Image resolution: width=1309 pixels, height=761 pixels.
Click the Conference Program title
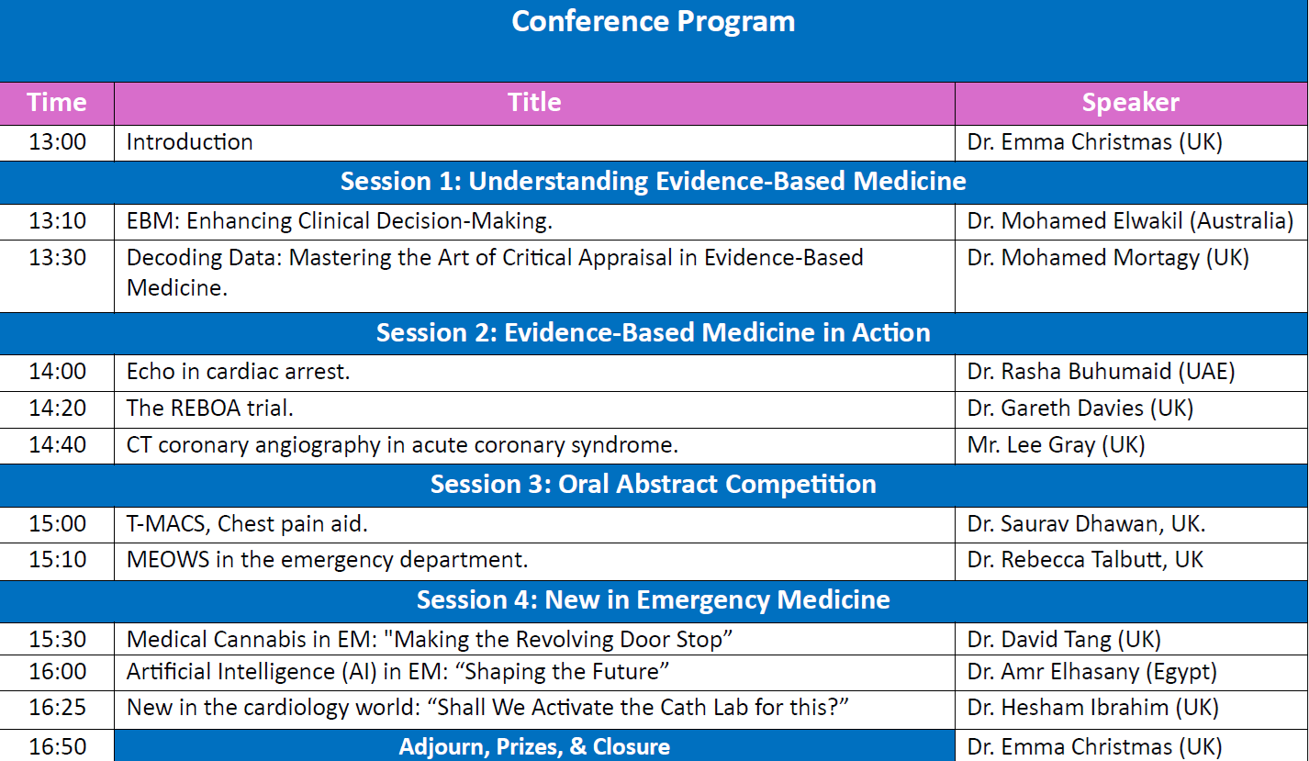click(x=654, y=22)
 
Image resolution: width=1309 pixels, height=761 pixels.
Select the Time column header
click(x=57, y=102)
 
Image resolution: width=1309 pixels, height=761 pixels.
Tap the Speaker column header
click(x=1131, y=102)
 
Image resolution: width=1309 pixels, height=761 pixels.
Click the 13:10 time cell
click(x=57, y=221)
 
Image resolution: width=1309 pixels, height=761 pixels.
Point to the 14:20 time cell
click(x=57, y=408)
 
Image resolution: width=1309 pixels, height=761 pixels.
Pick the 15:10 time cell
click(x=57, y=559)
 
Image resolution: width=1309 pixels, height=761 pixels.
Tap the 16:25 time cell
click(x=57, y=707)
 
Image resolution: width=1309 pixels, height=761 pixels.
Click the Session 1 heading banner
click(x=654, y=181)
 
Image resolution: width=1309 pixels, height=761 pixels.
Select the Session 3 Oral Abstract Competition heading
click(x=654, y=485)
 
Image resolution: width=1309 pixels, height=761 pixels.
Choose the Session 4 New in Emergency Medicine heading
click(x=654, y=600)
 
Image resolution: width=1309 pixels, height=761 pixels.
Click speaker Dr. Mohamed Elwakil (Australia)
click(x=1130, y=221)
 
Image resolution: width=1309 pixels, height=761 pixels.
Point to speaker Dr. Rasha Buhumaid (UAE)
click(x=1101, y=372)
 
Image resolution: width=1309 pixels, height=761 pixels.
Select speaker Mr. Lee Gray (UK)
click(x=1056, y=445)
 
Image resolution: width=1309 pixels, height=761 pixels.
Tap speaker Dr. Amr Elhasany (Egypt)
click(x=1091, y=672)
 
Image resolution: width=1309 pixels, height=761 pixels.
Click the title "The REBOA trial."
click(x=210, y=408)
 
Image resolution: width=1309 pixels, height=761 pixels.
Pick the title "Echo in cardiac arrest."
click(x=238, y=372)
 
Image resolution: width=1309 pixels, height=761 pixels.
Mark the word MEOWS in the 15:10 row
click(x=168, y=560)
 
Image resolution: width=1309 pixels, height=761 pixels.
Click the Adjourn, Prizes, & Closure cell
click(x=534, y=746)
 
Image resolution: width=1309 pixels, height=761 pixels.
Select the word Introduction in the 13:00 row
click(x=189, y=142)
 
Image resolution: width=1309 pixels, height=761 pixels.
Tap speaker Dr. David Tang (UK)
click(x=1064, y=640)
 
